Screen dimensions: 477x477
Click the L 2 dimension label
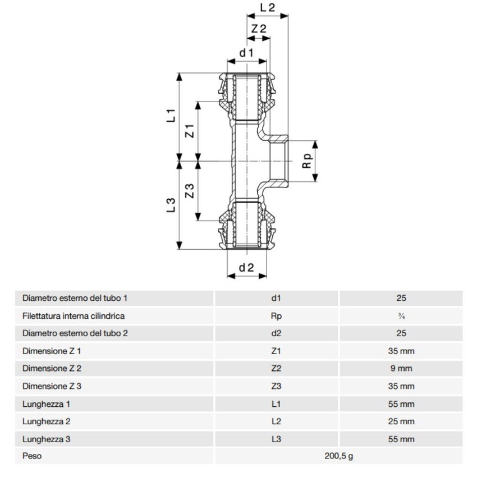[268, 8]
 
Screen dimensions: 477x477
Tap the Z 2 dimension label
[258, 29]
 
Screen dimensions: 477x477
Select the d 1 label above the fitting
[246, 53]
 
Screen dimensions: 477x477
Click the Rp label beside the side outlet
[306, 161]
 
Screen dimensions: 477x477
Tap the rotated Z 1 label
[190, 131]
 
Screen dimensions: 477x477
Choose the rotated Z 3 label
[190, 191]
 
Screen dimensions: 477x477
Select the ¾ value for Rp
[401, 316]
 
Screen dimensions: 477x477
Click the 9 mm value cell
[401, 369]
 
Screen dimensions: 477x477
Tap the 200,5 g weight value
[338, 456]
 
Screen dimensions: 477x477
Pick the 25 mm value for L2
[401, 421]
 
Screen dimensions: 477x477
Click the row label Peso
[32, 456]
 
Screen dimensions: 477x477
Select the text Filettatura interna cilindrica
[74, 316]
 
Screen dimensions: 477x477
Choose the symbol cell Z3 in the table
[276, 386]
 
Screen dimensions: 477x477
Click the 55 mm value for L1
[401, 404]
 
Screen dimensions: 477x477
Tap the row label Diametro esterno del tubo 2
[75, 333]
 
